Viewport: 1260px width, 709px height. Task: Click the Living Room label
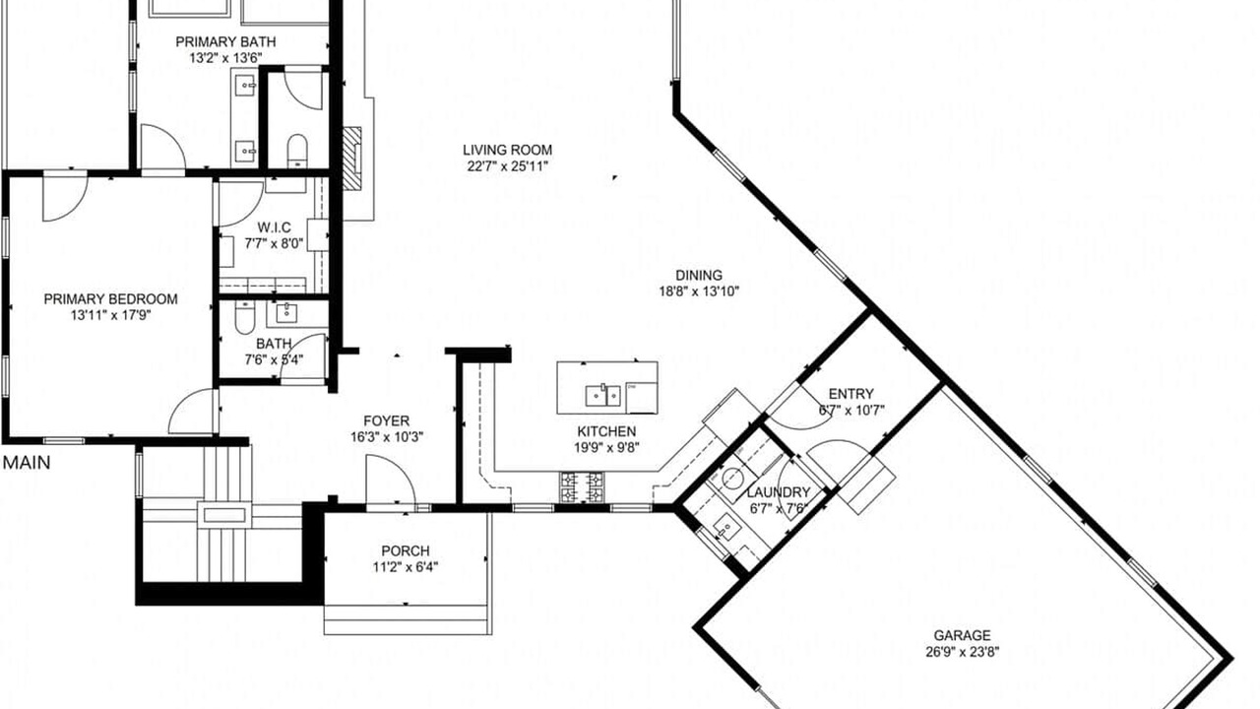(507, 151)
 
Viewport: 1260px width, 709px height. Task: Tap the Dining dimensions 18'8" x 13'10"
(699, 291)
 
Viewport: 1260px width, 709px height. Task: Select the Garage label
(962, 635)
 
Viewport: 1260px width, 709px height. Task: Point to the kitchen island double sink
(602, 396)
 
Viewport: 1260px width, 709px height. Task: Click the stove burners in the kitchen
(582, 487)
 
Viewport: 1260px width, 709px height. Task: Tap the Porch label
(405, 550)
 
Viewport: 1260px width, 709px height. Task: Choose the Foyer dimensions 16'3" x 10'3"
(387, 436)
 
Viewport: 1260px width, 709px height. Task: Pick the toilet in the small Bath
(245, 318)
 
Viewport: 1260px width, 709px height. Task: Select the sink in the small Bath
(286, 313)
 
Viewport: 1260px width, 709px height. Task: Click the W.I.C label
(274, 227)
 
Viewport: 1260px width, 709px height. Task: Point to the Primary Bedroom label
(111, 299)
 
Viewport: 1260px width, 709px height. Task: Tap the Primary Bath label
(225, 41)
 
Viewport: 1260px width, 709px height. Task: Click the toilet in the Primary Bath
(297, 151)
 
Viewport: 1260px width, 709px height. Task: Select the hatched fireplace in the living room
(352, 159)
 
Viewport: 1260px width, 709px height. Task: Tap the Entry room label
(851, 394)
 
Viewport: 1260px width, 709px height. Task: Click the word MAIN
(27, 463)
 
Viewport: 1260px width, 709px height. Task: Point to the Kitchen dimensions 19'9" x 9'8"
(606, 447)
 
